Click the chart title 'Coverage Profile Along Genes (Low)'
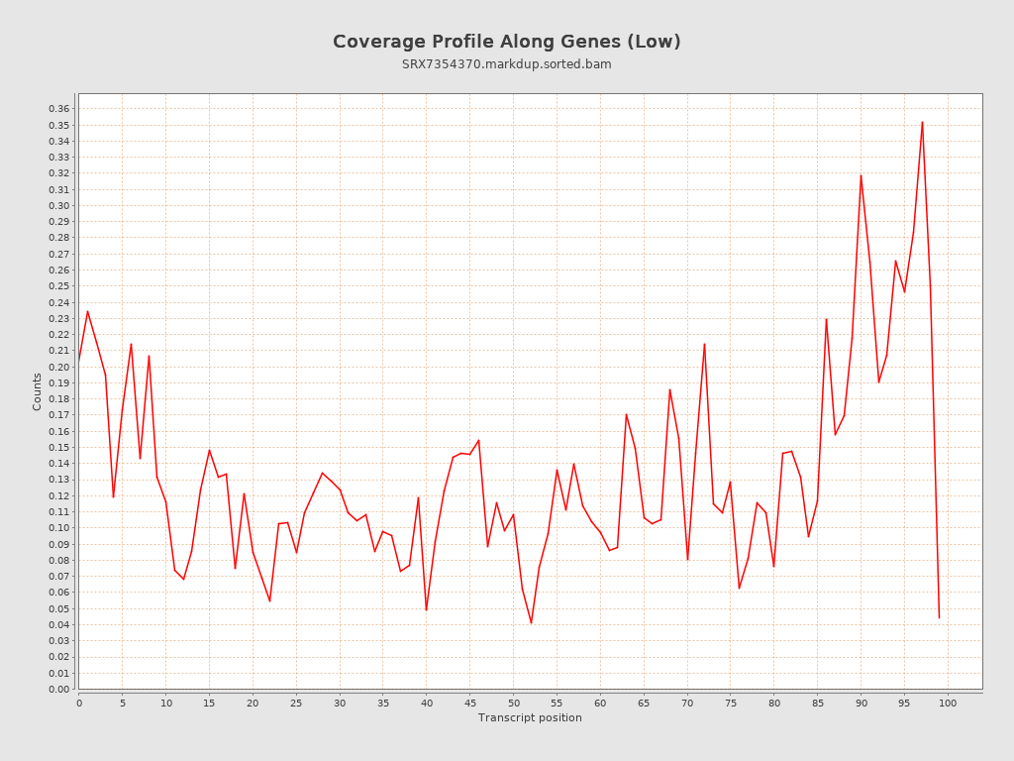pos(506,42)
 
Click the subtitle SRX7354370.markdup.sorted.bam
pos(506,64)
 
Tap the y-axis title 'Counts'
pos(38,391)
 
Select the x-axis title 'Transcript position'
pos(530,717)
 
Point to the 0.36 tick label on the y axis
pos(59,109)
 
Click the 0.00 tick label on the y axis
pos(59,689)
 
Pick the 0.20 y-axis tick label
pos(59,367)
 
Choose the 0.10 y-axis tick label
pos(59,528)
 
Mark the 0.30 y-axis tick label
pos(59,206)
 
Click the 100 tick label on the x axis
pos(948,703)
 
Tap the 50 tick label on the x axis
pos(513,703)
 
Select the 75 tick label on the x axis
pos(731,703)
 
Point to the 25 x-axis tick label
pos(296,703)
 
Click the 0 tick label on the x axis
pos(79,703)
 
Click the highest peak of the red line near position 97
pos(922,122)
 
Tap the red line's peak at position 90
pos(861,175)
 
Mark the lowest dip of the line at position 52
pos(531,623)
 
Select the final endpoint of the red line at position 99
pos(939,617)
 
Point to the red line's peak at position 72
pos(704,344)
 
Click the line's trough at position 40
pos(426,609)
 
